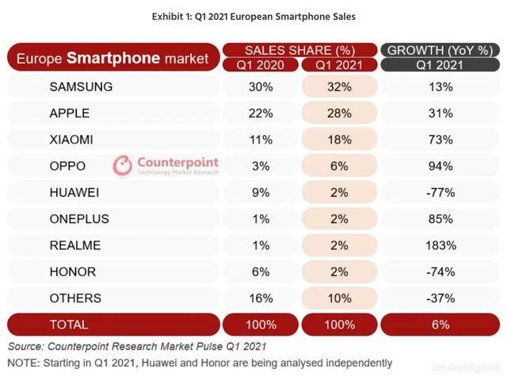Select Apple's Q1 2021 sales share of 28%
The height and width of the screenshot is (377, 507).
point(339,113)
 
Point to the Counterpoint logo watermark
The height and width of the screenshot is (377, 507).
point(166,166)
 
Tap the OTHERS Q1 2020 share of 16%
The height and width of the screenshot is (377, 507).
point(261,298)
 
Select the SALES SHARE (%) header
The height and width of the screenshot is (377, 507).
point(299,50)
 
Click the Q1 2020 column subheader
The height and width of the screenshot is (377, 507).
point(261,64)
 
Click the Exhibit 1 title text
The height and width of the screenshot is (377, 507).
point(253,15)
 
